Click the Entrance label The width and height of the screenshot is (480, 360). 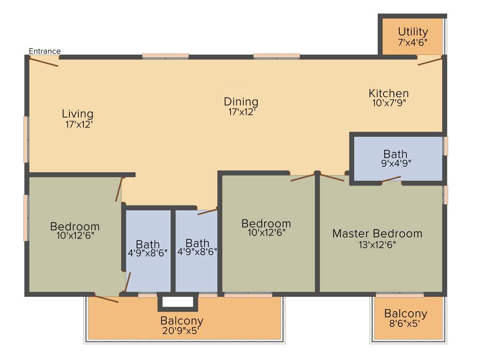tap(45, 51)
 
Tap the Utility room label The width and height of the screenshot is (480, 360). tap(412, 32)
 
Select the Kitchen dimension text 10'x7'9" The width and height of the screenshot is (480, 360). tap(389, 103)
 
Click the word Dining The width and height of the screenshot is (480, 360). tap(241, 101)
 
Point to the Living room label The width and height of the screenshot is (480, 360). tap(77, 113)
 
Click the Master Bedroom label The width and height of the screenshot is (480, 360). tap(377, 233)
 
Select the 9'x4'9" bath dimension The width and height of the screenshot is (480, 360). tap(395, 164)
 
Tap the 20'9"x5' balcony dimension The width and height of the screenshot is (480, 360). tap(182, 331)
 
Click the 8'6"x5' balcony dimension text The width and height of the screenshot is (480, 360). tap(405, 323)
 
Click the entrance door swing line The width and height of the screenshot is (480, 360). tap(44, 61)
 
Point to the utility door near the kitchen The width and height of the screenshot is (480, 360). tap(430, 61)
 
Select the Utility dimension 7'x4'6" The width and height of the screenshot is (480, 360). tap(412, 42)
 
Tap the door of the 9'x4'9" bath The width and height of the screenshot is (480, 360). tap(391, 179)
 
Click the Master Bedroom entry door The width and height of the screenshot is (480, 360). tap(332, 178)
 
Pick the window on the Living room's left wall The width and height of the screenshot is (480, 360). tap(27, 139)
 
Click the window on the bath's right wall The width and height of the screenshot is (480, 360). tap(446, 146)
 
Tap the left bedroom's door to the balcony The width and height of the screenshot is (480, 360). tap(106, 299)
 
